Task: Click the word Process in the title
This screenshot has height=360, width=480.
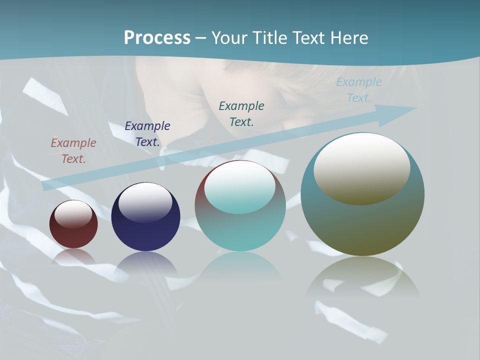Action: tap(157, 38)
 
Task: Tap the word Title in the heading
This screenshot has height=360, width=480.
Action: tap(270, 38)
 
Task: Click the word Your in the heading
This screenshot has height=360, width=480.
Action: tap(229, 38)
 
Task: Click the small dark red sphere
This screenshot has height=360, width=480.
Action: tap(73, 235)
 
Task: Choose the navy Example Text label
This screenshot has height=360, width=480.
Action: tap(147, 134)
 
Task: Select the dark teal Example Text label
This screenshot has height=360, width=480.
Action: tap(241, 113)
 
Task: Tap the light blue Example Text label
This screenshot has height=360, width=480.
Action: tap(359, 90)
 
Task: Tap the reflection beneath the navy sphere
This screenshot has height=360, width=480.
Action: tap(145, 262)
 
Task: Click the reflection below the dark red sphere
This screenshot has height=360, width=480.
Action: tap(73, 256)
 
